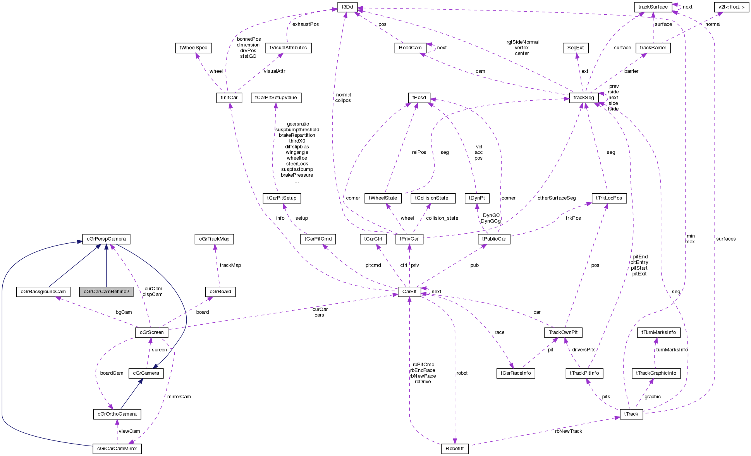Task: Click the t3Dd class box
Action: tap(347, 7)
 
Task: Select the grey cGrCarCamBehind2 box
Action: tap(106, 292)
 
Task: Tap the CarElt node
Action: tap(409, 292)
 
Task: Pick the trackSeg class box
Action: tap(584, 98)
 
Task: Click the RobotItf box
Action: tap(454, 449)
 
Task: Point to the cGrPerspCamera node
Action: tap(106, 239)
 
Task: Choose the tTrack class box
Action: tap(631, 414)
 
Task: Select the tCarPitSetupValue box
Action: tap(276, 98)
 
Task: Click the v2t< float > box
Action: tap(731, 7)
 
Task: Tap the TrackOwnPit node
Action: tap(563, 332)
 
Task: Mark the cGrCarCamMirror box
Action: tap(117, 449)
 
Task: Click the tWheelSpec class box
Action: tap(193, 48)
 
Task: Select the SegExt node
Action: tap(575, 48)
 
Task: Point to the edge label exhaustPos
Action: tap(306, 24)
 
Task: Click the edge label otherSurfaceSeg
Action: tap(556, 198)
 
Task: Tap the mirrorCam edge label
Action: tap(179, 397)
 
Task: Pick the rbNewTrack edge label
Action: tap(568, 431)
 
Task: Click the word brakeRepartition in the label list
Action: tap(297, 136)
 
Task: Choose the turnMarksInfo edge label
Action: tap(672, 350)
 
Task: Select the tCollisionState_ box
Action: tap(433, 198)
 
